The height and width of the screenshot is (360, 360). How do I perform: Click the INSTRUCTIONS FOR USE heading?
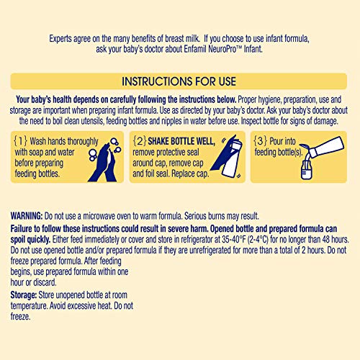pyautogui.click(x=179, y=81)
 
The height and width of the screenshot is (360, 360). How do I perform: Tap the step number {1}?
pyautogui.click(x=20, y=141)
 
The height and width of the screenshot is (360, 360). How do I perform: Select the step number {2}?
pyautogui.click(x=140, y=141)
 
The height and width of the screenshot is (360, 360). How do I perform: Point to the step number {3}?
pyautogui.click(x=261, y=141)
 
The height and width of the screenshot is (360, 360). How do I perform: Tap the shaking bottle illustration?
pyautogui.click(x=227, y=156)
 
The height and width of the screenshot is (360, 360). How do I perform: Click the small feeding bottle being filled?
pyautogui.click(x=307, y=170)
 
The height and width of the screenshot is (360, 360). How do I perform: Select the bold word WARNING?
pyautogui.click(x=27, y=216)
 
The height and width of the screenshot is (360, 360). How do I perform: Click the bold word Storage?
pyautogui.click(x=24, y=295)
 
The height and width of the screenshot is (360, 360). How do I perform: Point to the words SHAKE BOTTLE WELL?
pyautogui.click(x=181, y=141)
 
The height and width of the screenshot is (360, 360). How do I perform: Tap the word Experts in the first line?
pyautogui.click(x=60, y=39)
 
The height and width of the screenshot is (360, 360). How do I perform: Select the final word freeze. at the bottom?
pyautogui.click(x=20, y=317)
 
